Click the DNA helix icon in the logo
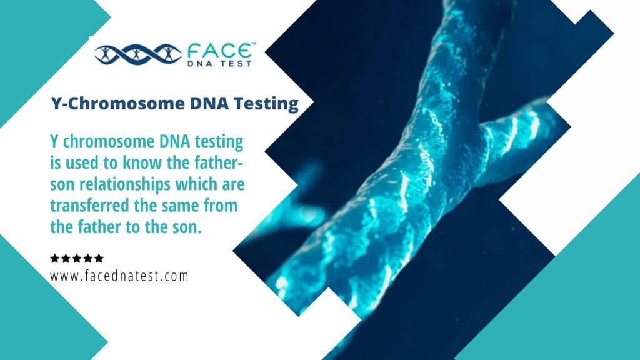(137, 54)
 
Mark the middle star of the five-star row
(77, 258)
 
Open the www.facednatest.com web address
(119, 275)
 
